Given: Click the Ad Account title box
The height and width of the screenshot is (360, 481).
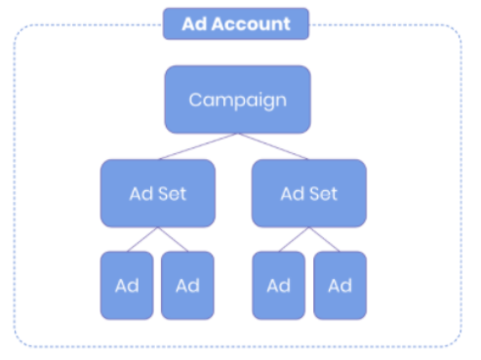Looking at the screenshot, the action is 236,23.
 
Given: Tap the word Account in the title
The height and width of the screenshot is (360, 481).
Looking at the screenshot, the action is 251,24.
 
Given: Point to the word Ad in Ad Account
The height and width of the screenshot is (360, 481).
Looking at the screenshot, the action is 194,24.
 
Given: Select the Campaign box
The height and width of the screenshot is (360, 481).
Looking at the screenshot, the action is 238,100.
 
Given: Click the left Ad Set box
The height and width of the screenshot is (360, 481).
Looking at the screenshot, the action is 158,193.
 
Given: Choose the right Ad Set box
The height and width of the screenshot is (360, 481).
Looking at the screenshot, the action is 309,193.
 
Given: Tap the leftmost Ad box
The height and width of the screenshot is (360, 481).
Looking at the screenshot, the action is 127,286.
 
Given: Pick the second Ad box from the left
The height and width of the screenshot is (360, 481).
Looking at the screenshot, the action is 187,286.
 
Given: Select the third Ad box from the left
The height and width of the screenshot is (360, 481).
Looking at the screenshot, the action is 279,286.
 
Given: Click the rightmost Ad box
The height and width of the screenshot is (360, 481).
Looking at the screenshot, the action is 340,286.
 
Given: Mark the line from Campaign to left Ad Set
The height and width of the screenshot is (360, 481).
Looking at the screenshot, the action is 198,146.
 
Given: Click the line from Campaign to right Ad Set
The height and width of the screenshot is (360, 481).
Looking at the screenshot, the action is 273,146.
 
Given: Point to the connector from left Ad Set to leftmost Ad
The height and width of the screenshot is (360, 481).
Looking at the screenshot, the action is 142,239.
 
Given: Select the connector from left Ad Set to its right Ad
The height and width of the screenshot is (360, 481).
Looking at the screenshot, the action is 173,239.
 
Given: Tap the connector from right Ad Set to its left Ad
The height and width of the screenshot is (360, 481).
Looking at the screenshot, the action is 294,239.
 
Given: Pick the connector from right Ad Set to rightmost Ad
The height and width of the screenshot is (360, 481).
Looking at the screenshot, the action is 324,239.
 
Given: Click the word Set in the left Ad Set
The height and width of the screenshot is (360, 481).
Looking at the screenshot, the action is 173,194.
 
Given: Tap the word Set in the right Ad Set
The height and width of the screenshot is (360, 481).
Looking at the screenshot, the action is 324,194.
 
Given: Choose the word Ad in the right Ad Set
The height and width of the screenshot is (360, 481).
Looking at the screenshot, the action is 293,194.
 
